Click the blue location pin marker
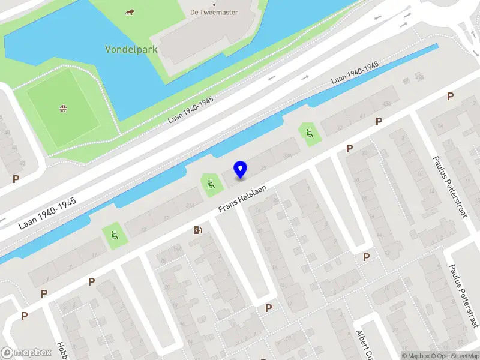point(240,169)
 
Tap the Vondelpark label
point(131,49)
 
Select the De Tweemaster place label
point(214,12)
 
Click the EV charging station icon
point(197,230)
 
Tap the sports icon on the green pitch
point(62,109)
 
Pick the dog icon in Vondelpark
point(129,12)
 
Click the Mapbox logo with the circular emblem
point(26,353)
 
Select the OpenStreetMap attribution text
point(454,356)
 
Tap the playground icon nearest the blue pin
point(211,184)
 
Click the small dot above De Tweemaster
point(214,4)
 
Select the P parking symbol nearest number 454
point(379,121)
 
